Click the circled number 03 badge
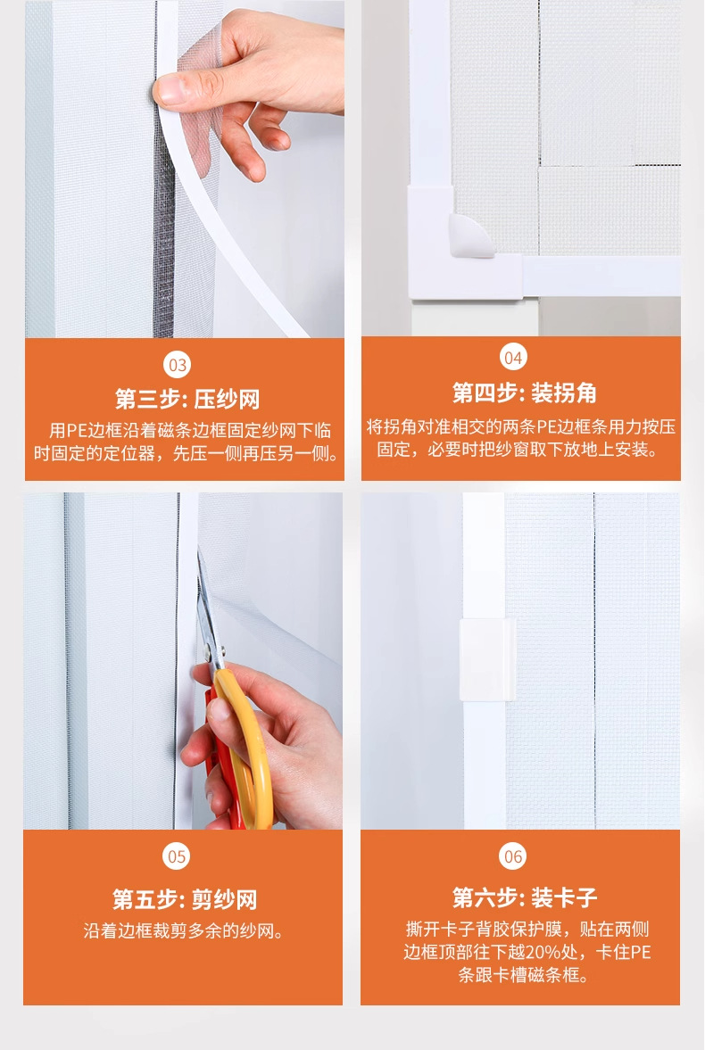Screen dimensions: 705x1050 [x=178, y=365]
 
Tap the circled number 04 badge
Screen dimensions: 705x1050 [x=513, y=358]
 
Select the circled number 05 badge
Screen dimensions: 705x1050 [x=177, y=856]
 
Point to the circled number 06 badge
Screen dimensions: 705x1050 [x=513, y=856]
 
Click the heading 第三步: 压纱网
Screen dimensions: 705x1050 [x=187, y=399]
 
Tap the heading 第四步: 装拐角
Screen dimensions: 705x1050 [x=524, y=393]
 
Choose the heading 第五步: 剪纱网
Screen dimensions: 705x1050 [x=185, y=898]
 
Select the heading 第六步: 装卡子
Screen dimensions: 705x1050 [x=524, y=897]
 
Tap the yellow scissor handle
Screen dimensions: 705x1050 [x=248, y=743]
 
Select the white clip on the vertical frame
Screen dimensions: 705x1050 [x=487, y=659]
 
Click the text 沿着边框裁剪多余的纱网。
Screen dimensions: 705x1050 [x=184, y=930]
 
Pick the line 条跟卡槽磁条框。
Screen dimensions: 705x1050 [x=523, y=975]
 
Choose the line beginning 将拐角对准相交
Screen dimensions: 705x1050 [x=520, y=426]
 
